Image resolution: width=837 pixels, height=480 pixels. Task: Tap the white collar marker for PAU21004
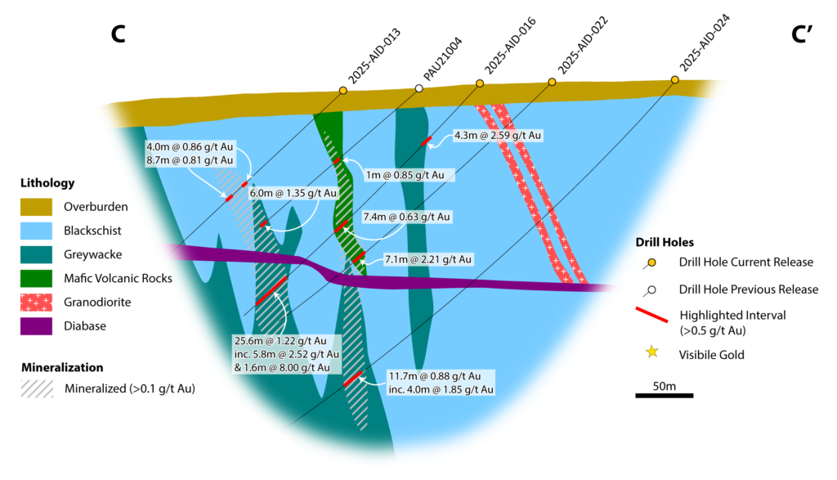[x=419, y=87]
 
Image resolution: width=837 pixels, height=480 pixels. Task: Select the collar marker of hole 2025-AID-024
[x=674, y=79]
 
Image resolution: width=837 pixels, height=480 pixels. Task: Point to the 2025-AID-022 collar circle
[x=552, y=82]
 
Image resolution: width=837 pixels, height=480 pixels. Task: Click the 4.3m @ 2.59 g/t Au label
[x=498, y=135]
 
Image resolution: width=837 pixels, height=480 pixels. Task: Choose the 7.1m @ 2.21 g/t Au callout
[x=427, y=259]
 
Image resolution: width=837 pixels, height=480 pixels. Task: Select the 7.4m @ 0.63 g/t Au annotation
[x=406, y=218]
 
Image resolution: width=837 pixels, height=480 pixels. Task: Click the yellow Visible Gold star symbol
[x=651, y=352]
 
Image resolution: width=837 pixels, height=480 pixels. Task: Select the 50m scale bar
[x=664, y=397]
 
